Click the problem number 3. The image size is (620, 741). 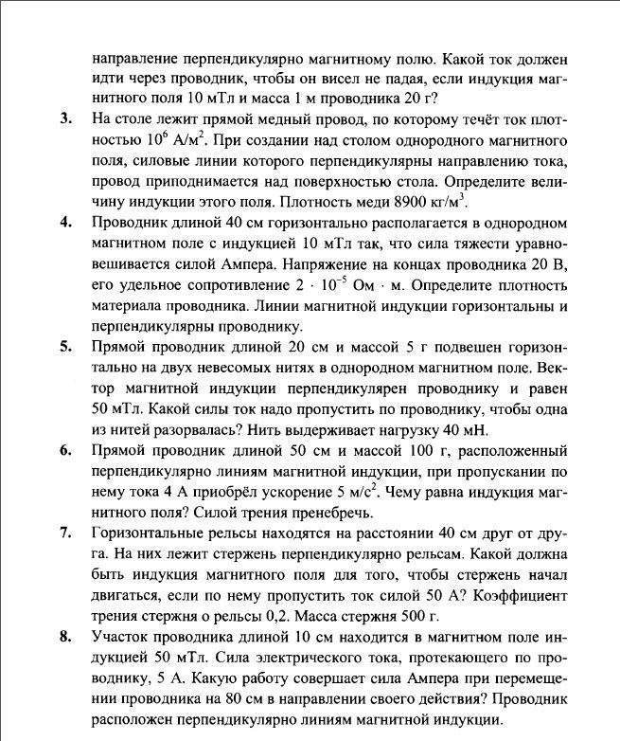(65, 118)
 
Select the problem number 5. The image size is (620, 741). (65, 346)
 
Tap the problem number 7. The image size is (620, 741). (65, 533)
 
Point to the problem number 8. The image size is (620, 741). (65, 636)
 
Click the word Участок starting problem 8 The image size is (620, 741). (120, 636)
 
